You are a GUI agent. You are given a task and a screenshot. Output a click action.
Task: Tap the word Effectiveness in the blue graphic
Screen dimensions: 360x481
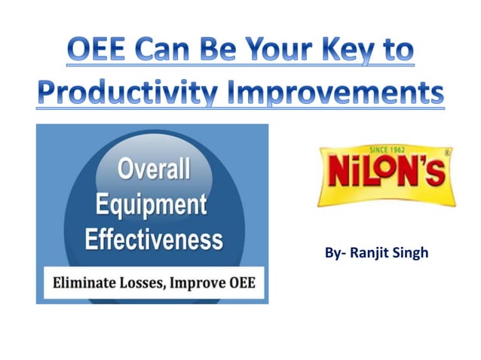(x=153, y=239)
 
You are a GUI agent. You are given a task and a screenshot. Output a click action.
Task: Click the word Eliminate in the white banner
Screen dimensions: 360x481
(x=84, y=284)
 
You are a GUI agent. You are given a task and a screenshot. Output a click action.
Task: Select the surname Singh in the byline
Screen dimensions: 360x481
(x=411, y=252)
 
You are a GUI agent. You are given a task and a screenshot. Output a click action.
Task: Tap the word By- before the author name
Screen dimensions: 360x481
(x=336, y=252)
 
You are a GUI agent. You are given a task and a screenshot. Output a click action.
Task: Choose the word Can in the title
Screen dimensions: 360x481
(x=167, y=51)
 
